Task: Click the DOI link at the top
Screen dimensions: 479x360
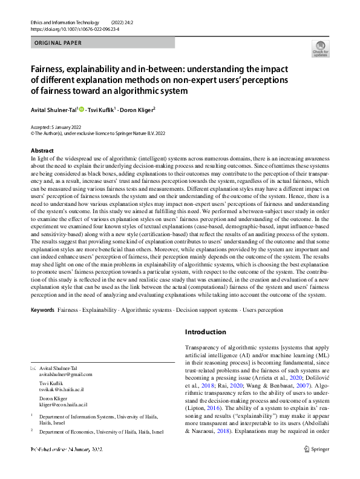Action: pos(68,29)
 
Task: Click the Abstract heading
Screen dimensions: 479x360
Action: pos(42,150)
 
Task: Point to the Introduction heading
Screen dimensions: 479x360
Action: pos(205,332)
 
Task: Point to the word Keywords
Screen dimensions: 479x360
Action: pos(42,309)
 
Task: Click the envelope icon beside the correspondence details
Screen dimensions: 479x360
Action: pos(33,369)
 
